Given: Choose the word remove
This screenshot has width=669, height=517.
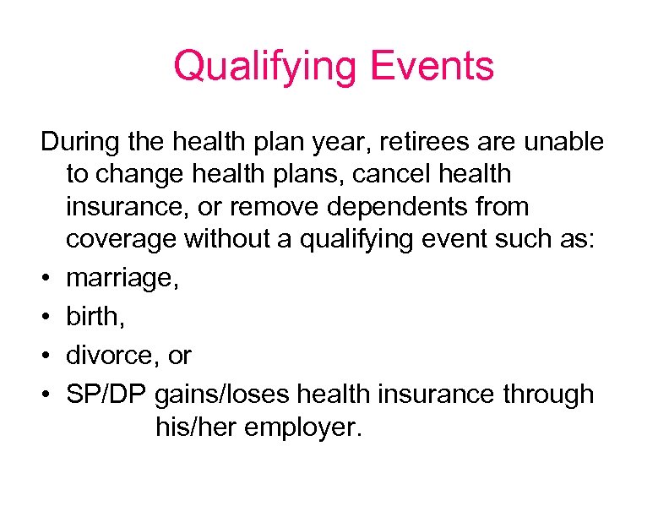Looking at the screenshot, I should [x=282, y=207].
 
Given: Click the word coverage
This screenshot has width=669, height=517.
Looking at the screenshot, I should [x=123, y=240].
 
